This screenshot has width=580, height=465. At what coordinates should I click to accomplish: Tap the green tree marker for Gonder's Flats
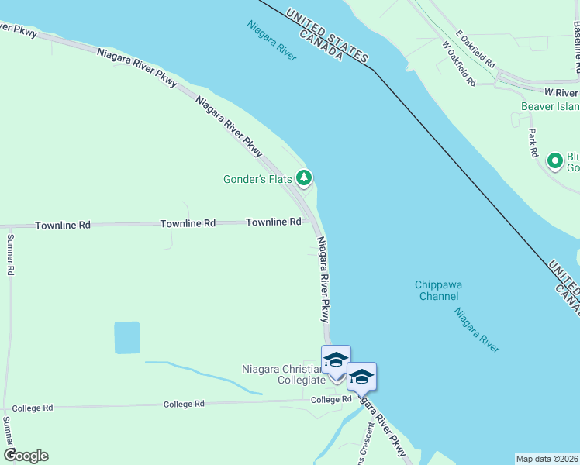click(304, 179)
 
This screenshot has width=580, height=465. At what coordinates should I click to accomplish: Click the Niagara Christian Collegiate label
click(283, 374)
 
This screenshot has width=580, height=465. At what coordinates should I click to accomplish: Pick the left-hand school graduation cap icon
click(336, 360)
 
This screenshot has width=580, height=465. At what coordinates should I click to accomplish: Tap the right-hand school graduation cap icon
click(361, 377)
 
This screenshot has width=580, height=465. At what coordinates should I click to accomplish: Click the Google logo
click(26, 456)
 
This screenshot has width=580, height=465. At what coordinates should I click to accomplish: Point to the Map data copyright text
click(547, 458)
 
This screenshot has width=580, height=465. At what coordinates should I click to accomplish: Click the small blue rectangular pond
click(127, 338)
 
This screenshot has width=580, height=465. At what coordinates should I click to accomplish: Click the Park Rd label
click(533, 143)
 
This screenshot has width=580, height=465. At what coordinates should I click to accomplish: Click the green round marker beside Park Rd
click(554, 161)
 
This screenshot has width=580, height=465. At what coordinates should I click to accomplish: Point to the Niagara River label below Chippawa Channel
click(477, 330)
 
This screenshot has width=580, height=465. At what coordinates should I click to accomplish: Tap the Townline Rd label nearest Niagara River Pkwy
click(273, 222)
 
